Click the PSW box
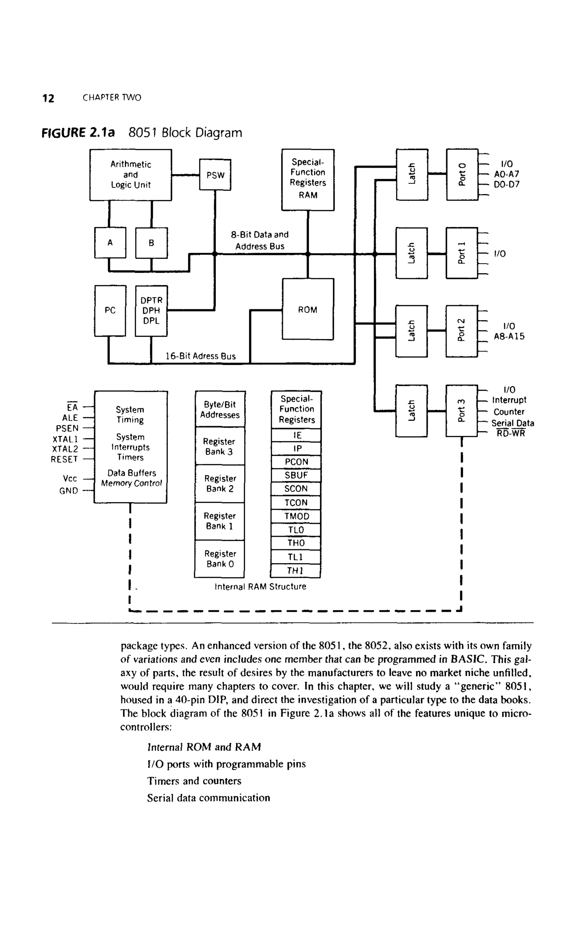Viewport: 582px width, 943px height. pos(215,175)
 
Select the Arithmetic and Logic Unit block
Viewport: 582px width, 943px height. pos(130,175)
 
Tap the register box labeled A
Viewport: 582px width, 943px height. pos(110,243)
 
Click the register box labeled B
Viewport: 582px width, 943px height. pos(151,243)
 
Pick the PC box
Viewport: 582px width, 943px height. pos(110,311)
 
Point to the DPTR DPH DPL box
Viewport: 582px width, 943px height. pos(151,311)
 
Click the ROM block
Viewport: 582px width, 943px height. pos(307,309)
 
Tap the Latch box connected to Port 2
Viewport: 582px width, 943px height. pos(411,331)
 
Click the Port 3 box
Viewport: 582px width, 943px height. pos(462,411)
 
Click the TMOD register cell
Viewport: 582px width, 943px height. pos(296,516)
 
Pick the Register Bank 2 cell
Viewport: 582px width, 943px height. pos(220,483)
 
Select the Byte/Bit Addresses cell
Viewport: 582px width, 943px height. pos(220,410)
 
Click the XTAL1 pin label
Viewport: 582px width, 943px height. pos(65,439)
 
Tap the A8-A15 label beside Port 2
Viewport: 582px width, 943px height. pos(509,336)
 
